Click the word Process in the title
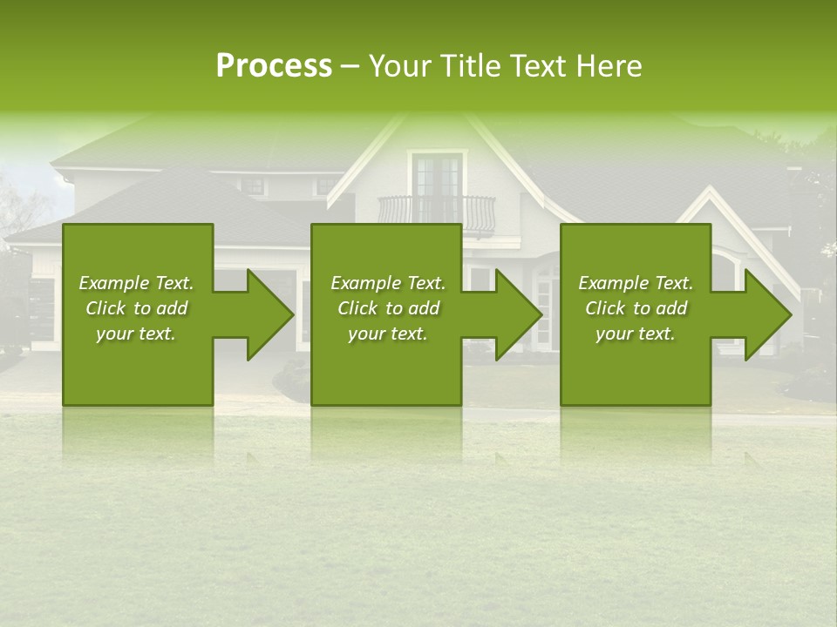[x=274, y=66]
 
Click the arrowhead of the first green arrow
[x=270, y=314]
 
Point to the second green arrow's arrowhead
[x=519, y=314]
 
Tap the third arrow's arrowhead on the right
[x=768, y=314]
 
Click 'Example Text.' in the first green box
[x=136, y=283]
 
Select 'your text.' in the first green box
[x=136, y=334]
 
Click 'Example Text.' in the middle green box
[x=388, y=283]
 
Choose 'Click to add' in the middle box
[x=388, y=308]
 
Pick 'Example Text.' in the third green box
[x=636, y=283]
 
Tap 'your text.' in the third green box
[x=636, y=334]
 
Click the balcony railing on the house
[x=436, y=211]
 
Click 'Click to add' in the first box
[x=136, y=308]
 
